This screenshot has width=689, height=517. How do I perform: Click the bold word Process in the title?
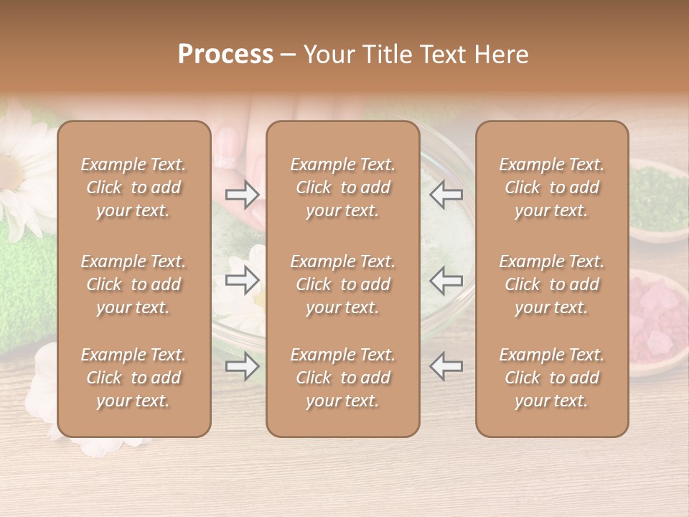point(225,55)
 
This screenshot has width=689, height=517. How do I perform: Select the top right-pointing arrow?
point(242,194)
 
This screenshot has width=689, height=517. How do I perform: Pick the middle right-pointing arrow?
point(242,280)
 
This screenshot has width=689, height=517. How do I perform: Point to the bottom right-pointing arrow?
point(242,367)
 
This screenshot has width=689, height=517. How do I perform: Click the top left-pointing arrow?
point(446,194)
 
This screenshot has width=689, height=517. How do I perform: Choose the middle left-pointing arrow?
point(446,280)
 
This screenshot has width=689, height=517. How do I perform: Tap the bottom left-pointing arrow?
point(446,367)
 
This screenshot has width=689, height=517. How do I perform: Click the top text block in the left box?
point(133,187)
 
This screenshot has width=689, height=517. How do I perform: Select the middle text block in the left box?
point(133,284)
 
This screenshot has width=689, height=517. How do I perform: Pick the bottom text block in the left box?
point(133,378)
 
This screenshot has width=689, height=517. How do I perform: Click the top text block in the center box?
point(342,187)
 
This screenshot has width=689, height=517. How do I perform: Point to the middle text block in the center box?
point(342,284)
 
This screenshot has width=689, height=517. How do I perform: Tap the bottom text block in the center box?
point(342,378)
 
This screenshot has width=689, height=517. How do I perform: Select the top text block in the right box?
point(551,187)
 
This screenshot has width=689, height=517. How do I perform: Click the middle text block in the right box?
point(551,284)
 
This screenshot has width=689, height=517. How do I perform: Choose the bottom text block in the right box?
point(551,378)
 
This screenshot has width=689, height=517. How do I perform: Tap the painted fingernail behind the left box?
point(227,147)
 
